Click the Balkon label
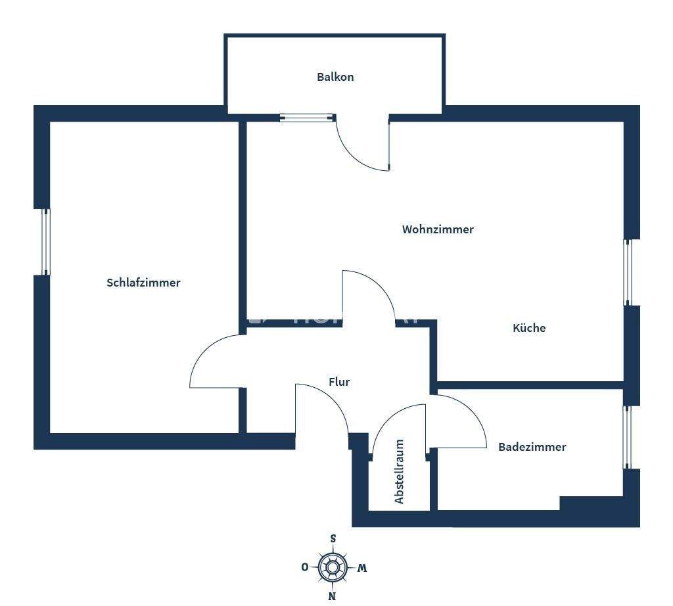[335, 77]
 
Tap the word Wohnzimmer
[438, 229]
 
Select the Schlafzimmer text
[143, 283]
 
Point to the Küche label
[529, 328]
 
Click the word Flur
[339, 381]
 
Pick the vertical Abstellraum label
[399, 472]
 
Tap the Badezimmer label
[532, 447]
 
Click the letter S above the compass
[333, 539]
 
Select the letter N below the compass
[333, 596]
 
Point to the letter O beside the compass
[305, 567]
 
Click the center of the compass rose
[333, 567]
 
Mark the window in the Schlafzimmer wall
[46, 242]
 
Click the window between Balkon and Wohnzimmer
[306, 118]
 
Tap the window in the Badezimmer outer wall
[627, 437]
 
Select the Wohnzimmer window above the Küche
[627, 272]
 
